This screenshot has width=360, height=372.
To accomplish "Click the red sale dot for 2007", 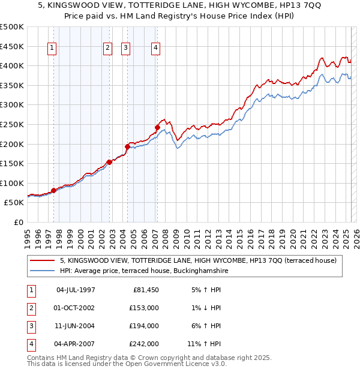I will click(157, 127).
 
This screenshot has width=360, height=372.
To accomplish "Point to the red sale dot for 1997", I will click(53, 191).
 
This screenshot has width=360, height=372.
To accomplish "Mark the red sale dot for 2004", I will click(127, 146).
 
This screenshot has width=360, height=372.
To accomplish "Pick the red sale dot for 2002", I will click(109, 162).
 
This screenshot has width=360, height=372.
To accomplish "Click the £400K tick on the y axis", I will click(13, 65).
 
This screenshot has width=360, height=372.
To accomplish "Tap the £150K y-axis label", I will click(13, 163).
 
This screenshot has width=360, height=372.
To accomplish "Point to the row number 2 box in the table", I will click(31, 308).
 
